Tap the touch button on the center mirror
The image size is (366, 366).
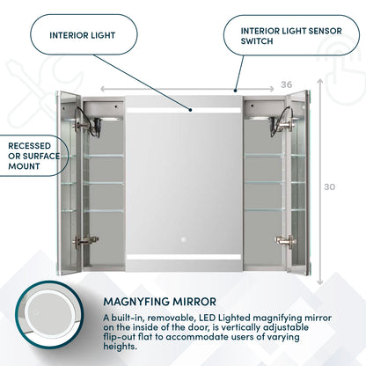pyautogui.click(x=184, y=239)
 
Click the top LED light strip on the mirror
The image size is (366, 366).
pyautogui.click(x=183, y=110)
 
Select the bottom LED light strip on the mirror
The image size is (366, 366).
pyautogui.click(x=183, y=257)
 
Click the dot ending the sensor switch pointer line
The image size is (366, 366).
pyautogui.click(x=235, y=89)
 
